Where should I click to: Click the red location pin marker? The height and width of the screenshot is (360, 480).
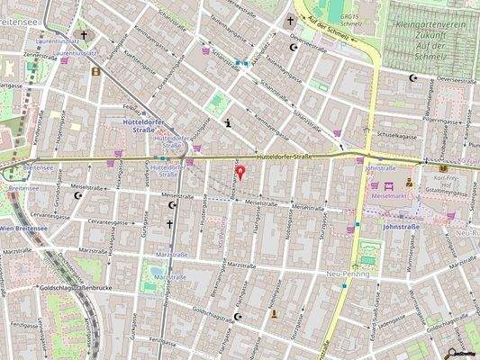tap(239, 172)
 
